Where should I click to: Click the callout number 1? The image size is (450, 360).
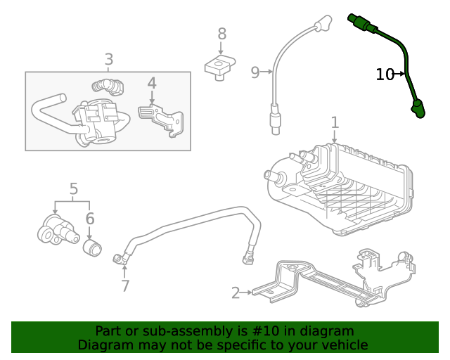pos(335,122)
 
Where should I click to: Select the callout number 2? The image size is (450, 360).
pos(236,292)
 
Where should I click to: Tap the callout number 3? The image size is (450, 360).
pos(108,60)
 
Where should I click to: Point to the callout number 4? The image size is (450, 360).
pos(151,84)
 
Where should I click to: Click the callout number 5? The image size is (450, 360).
pos(74,188)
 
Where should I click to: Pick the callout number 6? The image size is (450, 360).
pos(90,219)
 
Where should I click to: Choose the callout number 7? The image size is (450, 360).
pos(125,285)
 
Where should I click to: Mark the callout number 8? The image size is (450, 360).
pos(221,34)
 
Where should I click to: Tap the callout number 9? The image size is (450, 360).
pos(255,71)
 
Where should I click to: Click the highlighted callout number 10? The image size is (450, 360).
pos(385,74)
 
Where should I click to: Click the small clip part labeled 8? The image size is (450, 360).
pos(219,68)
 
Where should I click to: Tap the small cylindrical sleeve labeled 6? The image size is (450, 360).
pos(92,247)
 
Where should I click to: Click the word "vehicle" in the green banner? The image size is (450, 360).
pos(344,345)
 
